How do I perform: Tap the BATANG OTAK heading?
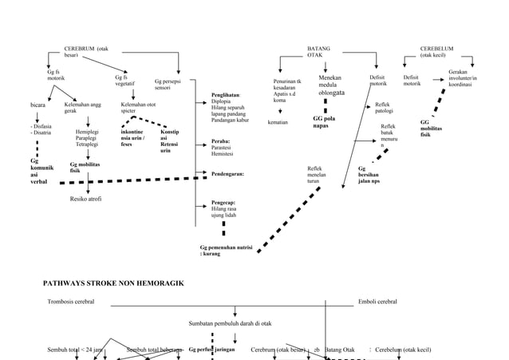[x=318, y=52]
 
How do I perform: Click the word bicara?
[x=37, y=105]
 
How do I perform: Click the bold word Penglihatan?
[x=231, y=95]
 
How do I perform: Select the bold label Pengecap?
[x=223, y=203]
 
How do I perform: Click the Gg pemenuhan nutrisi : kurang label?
[x=226, y=251]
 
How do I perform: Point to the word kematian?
[x=278, y=123]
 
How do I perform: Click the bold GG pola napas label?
[x=324, y=121]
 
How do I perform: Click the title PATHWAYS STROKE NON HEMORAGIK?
[x=113, y=283]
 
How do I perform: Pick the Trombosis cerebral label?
[x=71, y=302]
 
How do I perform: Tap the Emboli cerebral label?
[x=378, y=302]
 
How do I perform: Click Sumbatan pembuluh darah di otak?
[x=230, y=323]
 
